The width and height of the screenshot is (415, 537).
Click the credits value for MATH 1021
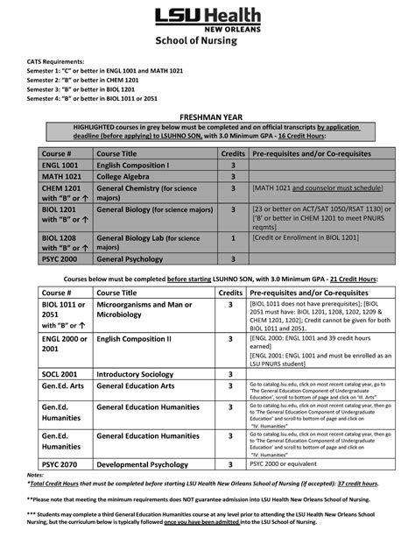[x=233, y=176]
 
